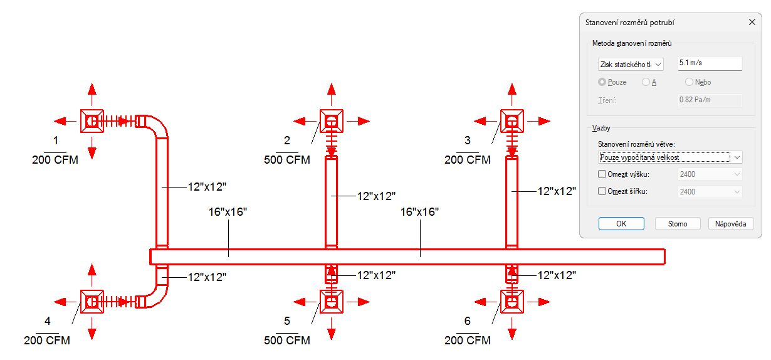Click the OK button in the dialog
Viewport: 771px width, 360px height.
(x=621, y=223)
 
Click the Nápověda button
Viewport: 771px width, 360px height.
(x=731, y=223)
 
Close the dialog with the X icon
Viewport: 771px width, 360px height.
(x=752, y=23)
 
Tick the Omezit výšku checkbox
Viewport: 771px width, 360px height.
(x=602, y=174)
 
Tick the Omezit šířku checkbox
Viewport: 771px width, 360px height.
(x=602, y=191)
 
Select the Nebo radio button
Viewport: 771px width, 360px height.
(x=689, y=82)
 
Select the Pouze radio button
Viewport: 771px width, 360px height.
(x=602, y=82)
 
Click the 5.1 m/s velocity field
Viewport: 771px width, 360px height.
(x=710, y=63)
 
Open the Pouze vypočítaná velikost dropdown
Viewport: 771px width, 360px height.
(x=670, y=157)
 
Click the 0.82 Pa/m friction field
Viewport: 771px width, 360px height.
(x=710, y=100)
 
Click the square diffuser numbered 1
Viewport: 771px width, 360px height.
(x=92, y=121)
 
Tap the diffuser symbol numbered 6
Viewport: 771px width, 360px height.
(x=512, y=302)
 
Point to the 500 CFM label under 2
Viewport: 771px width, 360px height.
(x=287, y=160)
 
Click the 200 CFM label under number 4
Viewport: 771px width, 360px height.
(x=47, y=341)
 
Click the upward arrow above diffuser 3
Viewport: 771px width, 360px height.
(x=512, y=95)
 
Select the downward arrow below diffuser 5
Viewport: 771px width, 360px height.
(x=332, y=329)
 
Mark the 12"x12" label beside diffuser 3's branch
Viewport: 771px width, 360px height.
(x=557, y=191)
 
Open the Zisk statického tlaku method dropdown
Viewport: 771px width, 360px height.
(x=631, y=65)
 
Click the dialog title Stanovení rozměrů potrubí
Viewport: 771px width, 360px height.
(x=629, y=23)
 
